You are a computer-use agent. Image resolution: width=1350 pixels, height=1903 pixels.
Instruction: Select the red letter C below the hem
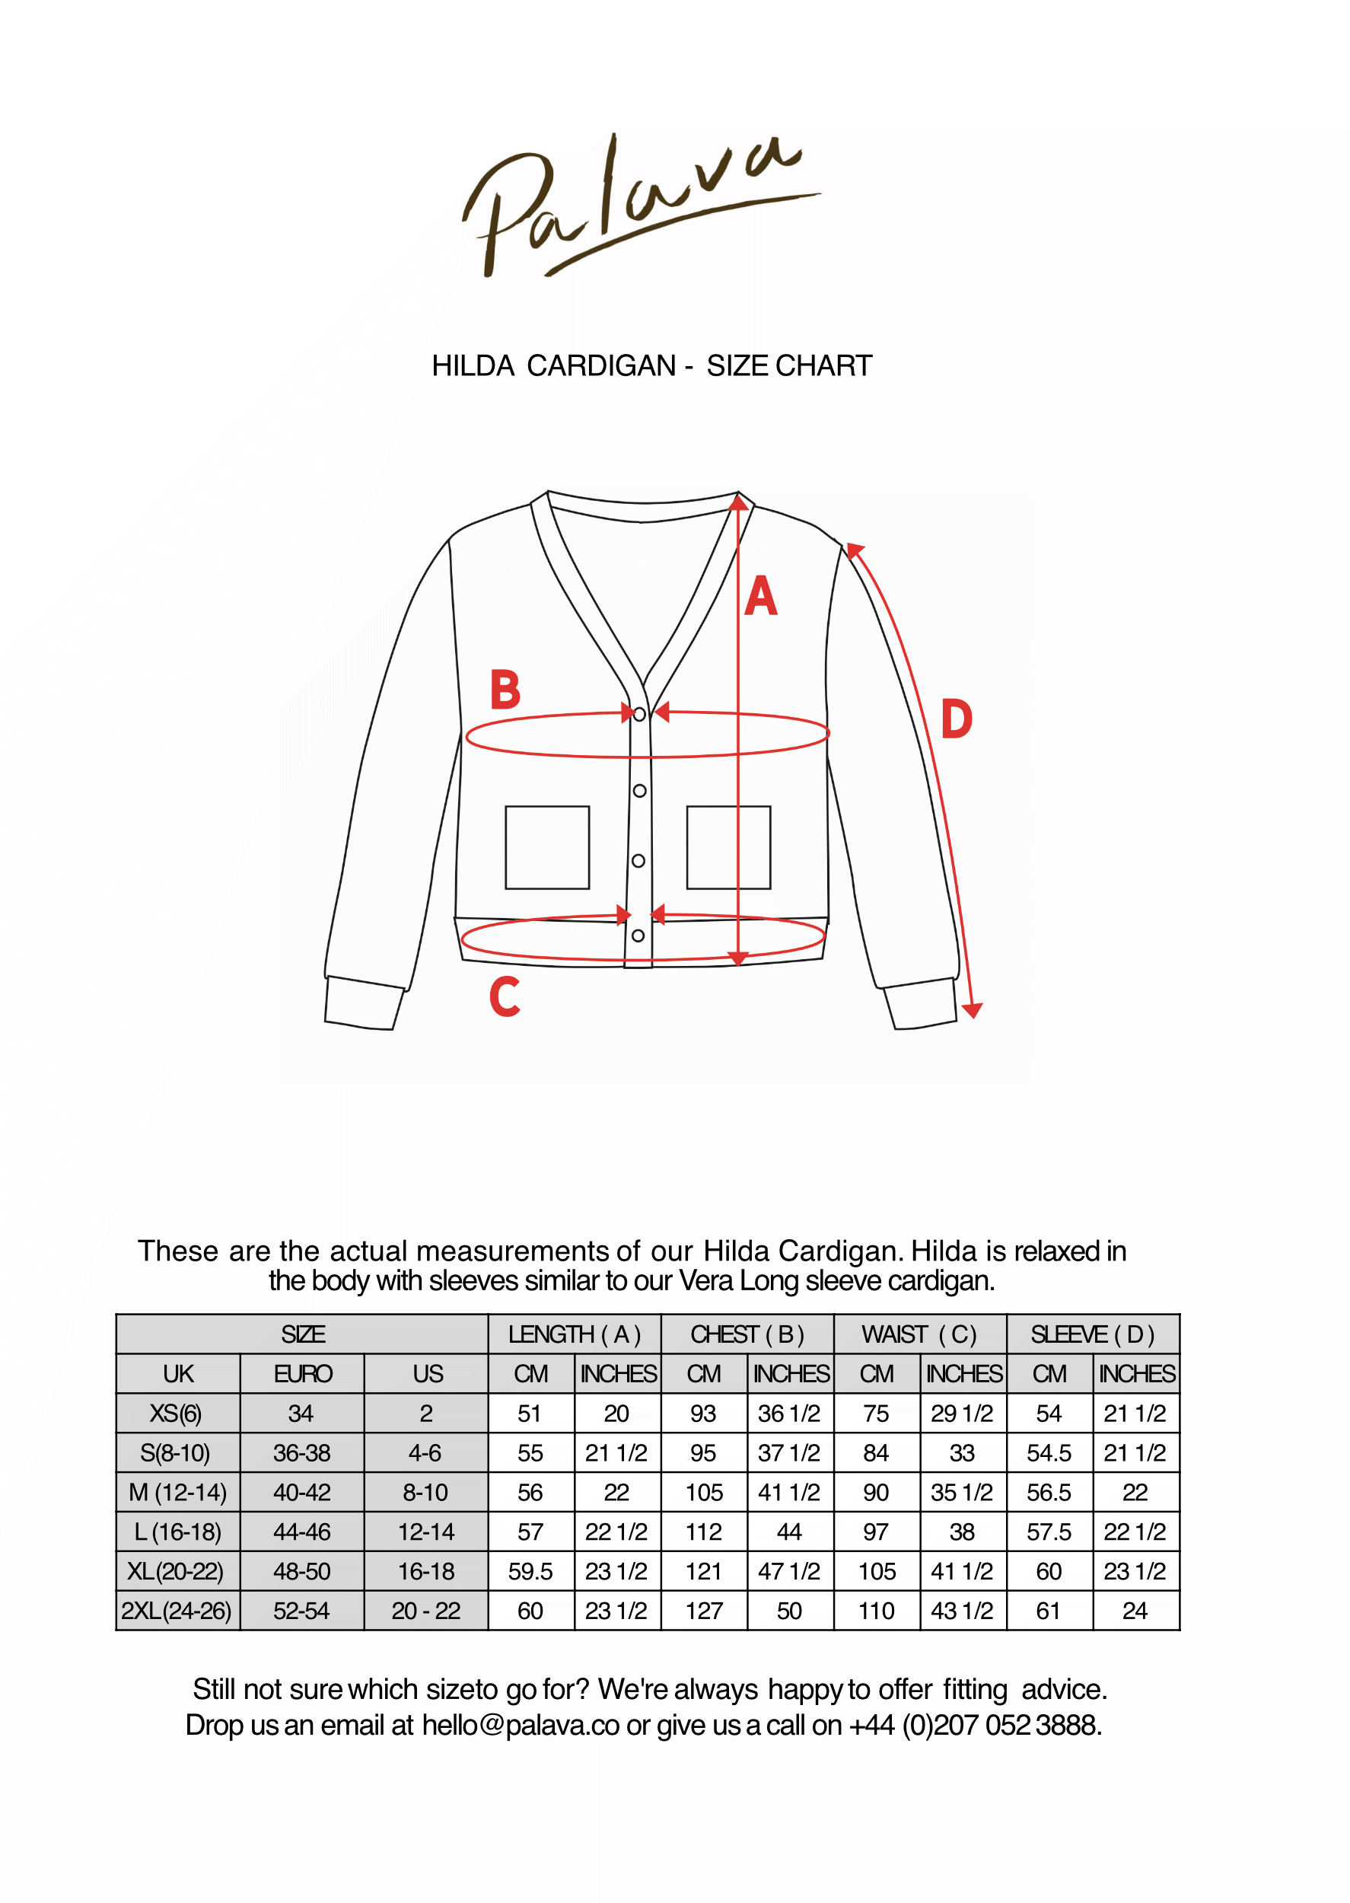click(504, 997)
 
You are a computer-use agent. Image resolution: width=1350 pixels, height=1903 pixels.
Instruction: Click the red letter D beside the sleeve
click(956, 719)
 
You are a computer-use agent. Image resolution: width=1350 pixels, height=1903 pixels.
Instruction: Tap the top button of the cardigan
click(639, 714)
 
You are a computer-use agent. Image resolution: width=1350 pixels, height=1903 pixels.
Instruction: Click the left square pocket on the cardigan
click(547, 847)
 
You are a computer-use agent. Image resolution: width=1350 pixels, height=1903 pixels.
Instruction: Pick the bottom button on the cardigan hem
click(638, 936)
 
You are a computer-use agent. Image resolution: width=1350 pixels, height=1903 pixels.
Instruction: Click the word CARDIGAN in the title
click(601, 366)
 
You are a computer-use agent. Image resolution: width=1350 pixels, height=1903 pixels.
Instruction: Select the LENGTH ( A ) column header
click(575, 1334)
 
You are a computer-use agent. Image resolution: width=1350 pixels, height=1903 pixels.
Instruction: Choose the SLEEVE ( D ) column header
click(1092, 1334)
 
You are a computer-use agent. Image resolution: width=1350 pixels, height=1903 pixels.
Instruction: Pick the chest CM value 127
click(703, 1611)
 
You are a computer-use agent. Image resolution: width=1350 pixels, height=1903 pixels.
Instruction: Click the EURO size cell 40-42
click(302, 1492)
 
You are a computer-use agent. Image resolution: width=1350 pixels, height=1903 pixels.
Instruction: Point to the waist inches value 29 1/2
click(962, 1414)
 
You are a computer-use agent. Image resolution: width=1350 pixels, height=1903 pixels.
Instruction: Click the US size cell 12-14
click(425, 1532)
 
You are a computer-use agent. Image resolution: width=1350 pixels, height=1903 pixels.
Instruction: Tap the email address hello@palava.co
click(521, 1725)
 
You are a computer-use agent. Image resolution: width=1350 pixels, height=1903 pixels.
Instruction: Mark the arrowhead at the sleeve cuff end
click(973, 1011)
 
